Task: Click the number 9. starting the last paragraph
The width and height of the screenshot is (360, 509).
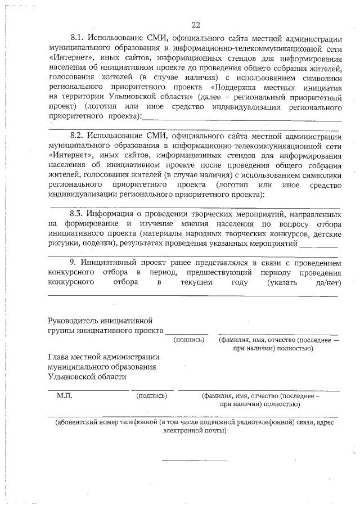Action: coord(73,262)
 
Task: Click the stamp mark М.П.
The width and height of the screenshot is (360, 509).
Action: coord(65,396)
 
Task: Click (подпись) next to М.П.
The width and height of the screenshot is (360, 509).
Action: coord(152,396)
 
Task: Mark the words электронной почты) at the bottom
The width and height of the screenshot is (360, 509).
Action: coord(195,431)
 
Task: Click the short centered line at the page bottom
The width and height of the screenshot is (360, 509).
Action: coord(195,461)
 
